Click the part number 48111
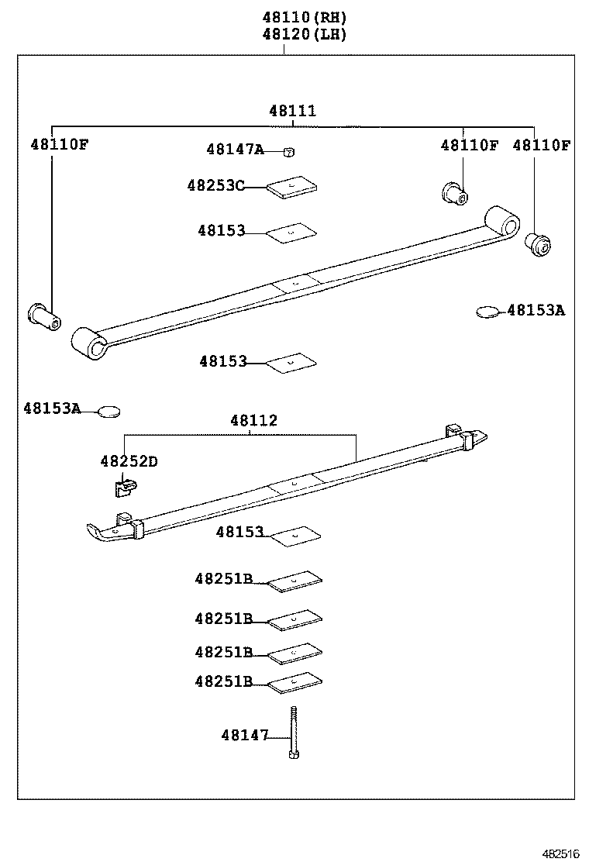tap(292, 111)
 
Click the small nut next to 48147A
tap(288, 152)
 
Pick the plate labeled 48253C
tap(293, 188)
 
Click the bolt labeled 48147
tap(294, 733)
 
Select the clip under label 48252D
tap(124, 488)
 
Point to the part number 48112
tap(253, 421)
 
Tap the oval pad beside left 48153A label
tap(109, 410)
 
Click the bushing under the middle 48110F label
tap(453, 194)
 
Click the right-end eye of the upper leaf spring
tap(502, 222)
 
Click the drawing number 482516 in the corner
tap(560, 853)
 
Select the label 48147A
tap(235, 150)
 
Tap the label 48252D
tap(129, 461)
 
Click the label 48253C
tap(215, 185)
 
